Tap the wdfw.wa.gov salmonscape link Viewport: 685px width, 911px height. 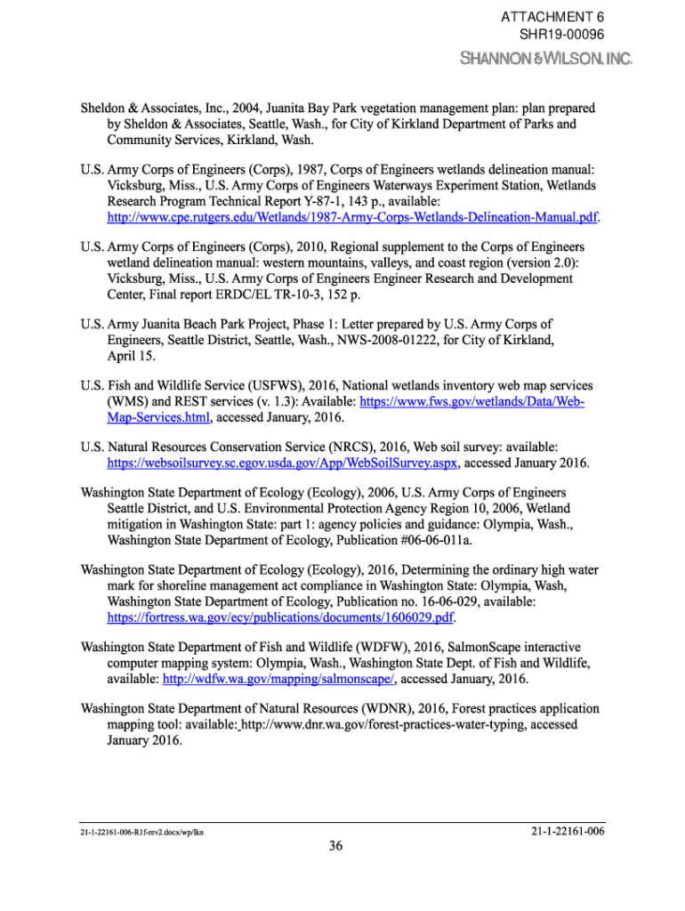coord(278,680)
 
